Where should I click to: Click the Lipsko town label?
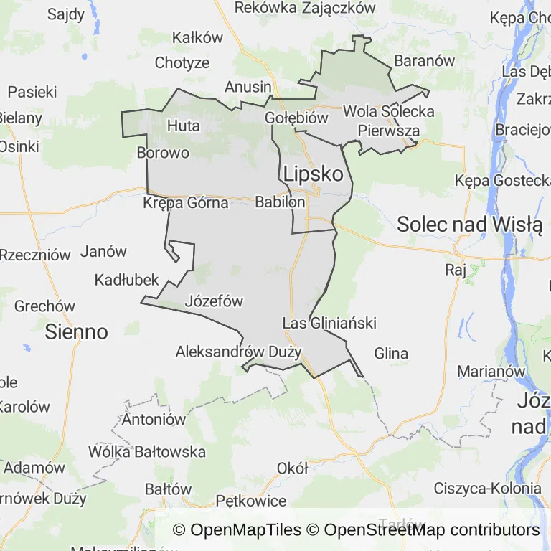(313, 174)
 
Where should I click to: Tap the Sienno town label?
(76, 331)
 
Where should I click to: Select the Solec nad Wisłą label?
(469, 225)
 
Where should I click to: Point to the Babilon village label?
(280, 203)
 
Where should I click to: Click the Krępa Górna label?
(186, 203)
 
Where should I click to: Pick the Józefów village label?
(214, 301)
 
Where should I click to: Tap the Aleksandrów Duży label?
(238, 352)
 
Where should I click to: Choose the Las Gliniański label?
(329, 323)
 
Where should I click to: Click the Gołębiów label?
(296, 118)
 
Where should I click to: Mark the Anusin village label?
(248, 87)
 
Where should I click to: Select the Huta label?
(183, 126)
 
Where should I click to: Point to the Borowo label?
(163, 153)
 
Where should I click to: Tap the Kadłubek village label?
(126, 280)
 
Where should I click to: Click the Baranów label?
(425, 61)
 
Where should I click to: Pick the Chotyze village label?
(182, 63)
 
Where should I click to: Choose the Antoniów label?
(154, 420)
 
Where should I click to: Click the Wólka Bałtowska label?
(147, 452)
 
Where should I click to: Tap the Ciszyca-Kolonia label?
(487, 489)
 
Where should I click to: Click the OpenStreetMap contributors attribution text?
(431, 530)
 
